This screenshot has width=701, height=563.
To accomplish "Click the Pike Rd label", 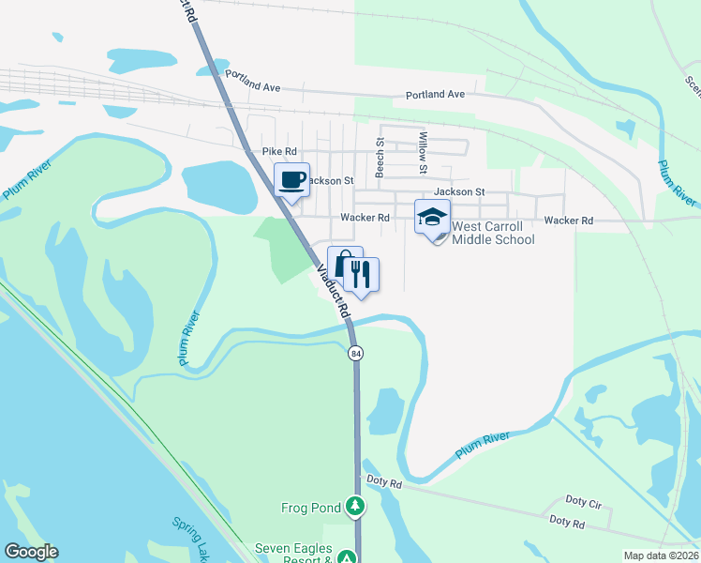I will pyautogui.click(x=279, y=151).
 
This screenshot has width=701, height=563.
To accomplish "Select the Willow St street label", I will pyautogui.click(x=423, y=153).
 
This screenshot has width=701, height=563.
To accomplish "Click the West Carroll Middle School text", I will pyautogui.click(x=493, y=233).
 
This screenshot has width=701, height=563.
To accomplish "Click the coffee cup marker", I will pyautogui.click(x=291, y=178).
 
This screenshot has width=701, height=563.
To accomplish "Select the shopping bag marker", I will pyautogui.click(x=344, y=264).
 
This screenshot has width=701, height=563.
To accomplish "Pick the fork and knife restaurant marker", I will pyautogui.click(x=361, y=274).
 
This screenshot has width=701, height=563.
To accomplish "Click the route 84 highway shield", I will pyautogui.click(x=355, y=353).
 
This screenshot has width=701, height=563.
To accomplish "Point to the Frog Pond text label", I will pyautogui.click(x=311, y=508).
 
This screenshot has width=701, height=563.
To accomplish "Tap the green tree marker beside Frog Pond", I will pyautogui.click(x=354, y=508).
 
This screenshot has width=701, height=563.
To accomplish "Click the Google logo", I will pyautogui.click(x=31, y=552).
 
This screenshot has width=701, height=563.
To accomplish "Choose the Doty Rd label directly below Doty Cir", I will pyautogui.click(x=567, y=520).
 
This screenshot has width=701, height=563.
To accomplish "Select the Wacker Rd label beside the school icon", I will pyautogui.click(x=365, y=218).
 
